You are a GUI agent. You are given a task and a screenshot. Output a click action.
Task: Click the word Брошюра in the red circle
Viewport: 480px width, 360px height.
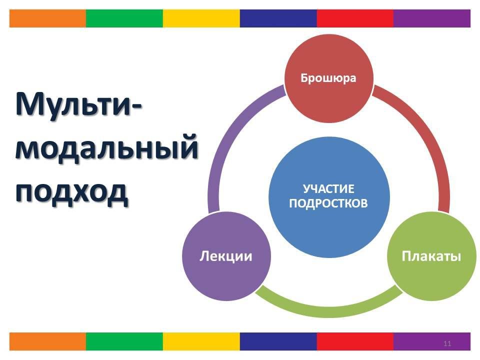click(328, 78)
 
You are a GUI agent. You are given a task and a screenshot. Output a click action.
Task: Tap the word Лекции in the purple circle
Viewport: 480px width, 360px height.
click(226, 256)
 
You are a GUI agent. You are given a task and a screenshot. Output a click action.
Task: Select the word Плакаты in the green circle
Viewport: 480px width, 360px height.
click(431, 256)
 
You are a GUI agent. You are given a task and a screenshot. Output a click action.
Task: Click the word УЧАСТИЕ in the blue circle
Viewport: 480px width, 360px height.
click(328, 189)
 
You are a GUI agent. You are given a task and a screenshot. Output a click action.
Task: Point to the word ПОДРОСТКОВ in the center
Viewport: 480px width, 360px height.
click(328, 203)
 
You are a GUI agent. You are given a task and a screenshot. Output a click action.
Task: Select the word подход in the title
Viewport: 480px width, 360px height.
click(71, 192)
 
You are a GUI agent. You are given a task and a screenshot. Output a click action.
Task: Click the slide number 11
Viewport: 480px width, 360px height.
click(447, 343)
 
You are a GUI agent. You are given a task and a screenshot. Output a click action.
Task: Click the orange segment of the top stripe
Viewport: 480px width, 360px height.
click(48, 18)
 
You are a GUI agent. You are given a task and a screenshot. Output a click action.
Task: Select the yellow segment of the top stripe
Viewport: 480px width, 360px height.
click(201, 18)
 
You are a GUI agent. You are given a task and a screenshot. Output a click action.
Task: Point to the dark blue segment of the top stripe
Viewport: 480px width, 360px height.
click(278, 18)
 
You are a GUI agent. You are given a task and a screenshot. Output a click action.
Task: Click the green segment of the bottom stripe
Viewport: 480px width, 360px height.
click(124, 341)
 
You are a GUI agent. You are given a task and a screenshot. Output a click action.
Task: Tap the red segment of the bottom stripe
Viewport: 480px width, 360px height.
click(355, 341)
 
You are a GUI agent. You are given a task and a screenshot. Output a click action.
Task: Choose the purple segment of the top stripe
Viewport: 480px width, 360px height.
click(432, 18)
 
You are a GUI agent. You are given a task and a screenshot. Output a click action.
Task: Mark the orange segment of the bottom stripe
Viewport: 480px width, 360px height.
click(48, 341)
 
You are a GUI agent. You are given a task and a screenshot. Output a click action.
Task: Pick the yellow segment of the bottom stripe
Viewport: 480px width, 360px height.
click(201, 341)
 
